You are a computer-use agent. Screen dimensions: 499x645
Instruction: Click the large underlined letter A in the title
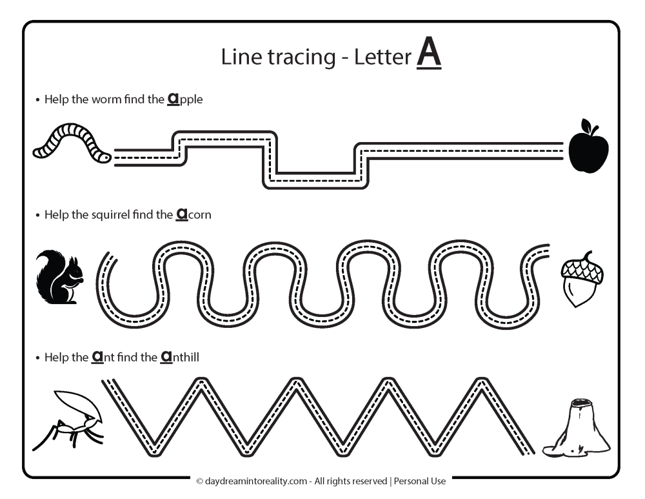[429, 55]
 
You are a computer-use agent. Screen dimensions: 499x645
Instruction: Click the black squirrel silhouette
[59, 277]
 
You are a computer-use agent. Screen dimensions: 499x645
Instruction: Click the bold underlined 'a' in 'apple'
[174, 99]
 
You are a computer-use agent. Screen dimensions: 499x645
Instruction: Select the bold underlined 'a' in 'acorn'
[182, 214]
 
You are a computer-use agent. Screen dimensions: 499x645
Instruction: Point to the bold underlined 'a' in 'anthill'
[166, 356]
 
